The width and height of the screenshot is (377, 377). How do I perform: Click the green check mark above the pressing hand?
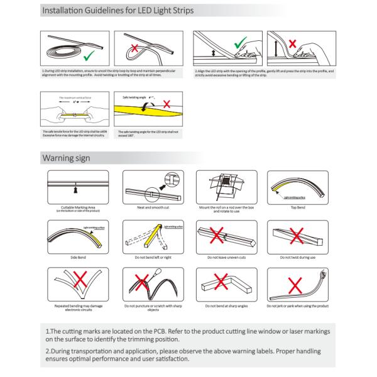tap(239, 45)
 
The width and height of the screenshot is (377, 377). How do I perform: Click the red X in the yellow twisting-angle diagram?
tap(168, 105)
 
